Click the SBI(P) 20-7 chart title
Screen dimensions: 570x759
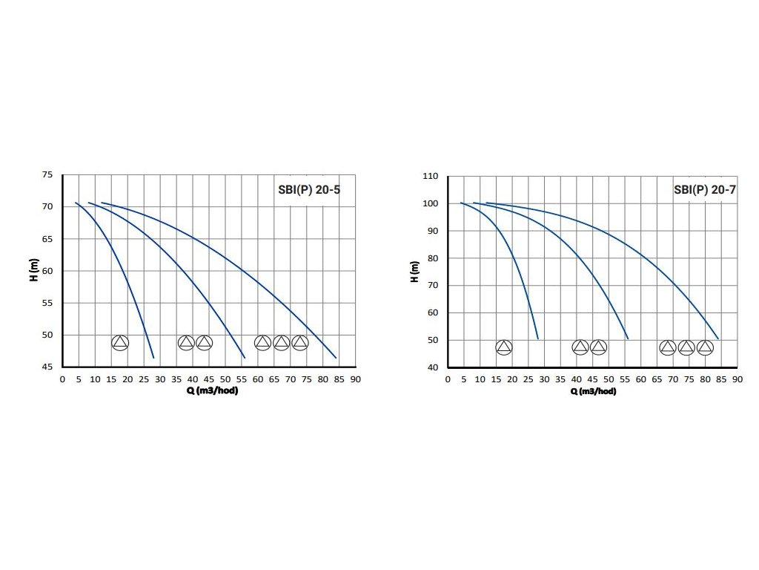704,190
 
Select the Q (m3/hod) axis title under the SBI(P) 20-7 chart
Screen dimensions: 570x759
593,391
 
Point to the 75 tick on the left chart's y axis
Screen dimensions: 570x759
47,175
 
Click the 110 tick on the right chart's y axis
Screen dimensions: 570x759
431,177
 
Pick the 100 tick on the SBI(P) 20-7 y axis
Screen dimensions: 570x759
431,203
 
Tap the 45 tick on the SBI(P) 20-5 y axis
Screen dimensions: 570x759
47,367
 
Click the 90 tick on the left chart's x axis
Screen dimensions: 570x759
356,379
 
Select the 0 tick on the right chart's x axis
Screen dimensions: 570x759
448,379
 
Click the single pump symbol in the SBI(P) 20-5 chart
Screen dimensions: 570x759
120,342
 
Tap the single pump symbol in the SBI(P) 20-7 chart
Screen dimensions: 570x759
504,347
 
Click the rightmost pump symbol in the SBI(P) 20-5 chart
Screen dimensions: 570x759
299,342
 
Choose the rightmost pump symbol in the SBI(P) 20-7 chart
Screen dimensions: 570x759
705,347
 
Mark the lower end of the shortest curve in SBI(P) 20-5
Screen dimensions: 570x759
153,358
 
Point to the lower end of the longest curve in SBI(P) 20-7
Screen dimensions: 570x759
718,338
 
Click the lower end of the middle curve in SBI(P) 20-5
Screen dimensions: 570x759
245,358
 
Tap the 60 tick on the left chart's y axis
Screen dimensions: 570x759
47,271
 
